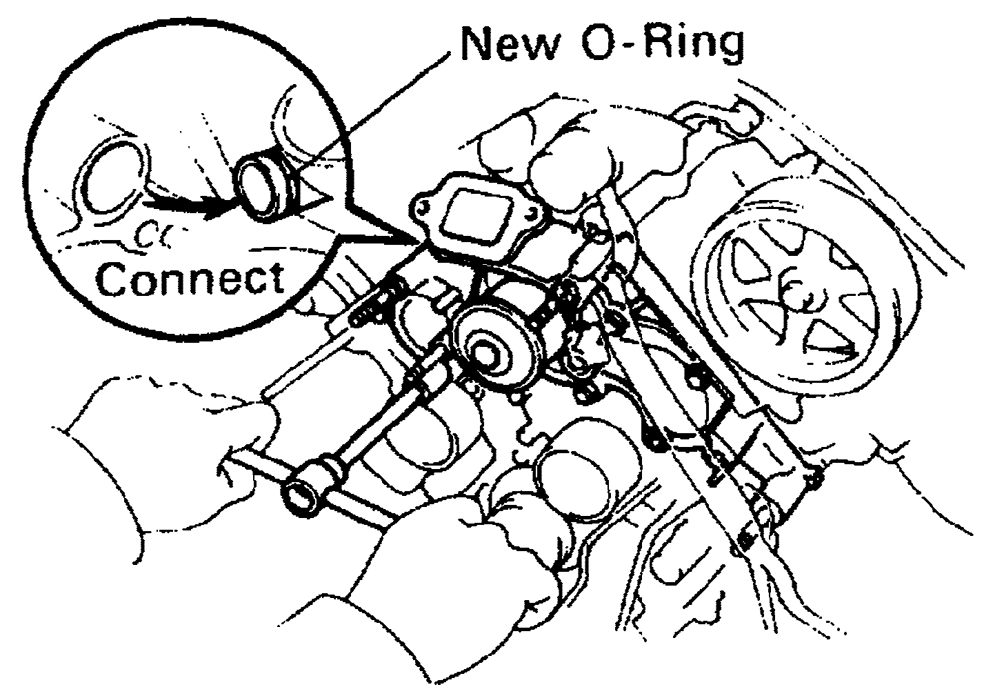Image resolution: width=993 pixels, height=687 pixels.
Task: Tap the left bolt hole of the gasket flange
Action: click(x=423, y=206)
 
